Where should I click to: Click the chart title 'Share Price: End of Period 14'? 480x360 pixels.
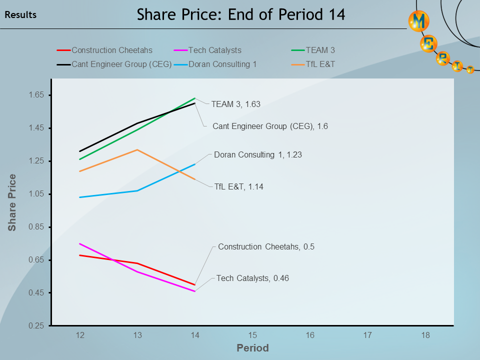[x=240, y=14]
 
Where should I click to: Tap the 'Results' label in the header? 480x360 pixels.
[x=20, y=15]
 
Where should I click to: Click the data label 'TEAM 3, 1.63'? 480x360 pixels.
[x=235, y=104]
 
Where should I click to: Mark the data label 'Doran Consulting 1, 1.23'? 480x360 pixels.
[x=257, y=155]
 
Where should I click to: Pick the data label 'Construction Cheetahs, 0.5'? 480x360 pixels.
[x=266, y=247]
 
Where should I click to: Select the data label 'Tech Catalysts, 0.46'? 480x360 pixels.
[x=252, y=278]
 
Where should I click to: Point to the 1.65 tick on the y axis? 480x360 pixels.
[x=37, y=95]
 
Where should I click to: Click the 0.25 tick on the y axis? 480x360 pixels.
[x=37, y=326]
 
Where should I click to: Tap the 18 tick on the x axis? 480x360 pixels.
[x=425, y=335]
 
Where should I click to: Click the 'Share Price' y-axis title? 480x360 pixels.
[x=12, y=202]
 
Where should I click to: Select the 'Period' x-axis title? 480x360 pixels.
[x=252, y=348]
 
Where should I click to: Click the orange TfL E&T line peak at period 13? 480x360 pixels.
[x=137, y=149]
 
